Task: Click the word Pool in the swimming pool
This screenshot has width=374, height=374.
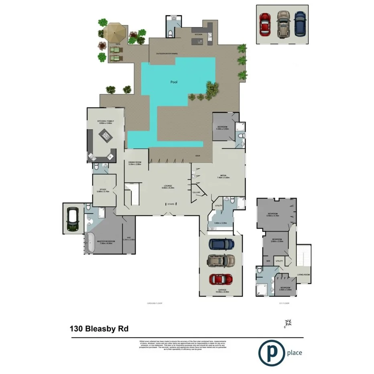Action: coord(173,82)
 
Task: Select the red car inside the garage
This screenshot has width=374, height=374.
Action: coord(222,279)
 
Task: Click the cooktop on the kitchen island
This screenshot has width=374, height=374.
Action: coord(106,137)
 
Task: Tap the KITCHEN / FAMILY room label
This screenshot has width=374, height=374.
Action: coord(104,122)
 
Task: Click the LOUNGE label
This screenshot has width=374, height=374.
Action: coord(168,186)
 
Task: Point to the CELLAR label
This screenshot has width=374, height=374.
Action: coord(196,193)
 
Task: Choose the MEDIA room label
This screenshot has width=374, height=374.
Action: coord(224,175)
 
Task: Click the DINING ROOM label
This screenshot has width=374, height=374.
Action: coord(134,162)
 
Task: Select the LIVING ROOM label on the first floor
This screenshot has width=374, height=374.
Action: coord(303,274)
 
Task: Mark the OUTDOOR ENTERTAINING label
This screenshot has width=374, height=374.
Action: coord(164,53)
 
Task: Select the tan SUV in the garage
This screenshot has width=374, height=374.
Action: coord(222,261)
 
